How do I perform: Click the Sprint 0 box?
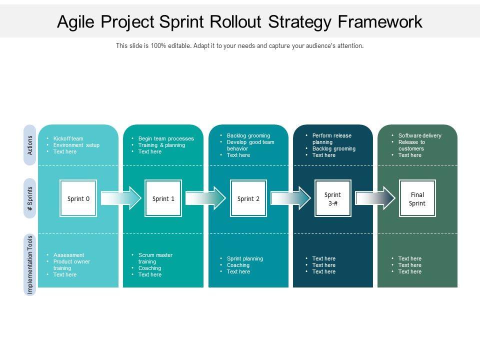pyautogui.click(x=78, y=198)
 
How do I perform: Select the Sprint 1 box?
pyautogui.click(x=163, y=198)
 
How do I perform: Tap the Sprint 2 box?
pyautogui.click(x=248, y=198)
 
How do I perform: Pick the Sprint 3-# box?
pyautogui.click(x=332, y=198)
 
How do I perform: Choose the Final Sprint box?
pyautogui.click(x=417, y=198)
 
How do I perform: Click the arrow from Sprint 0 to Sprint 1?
pyautogui.click(x=121, y=198)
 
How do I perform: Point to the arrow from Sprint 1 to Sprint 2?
pyautogui.click(x=205, y=198)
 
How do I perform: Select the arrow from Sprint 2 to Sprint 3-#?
pyautogui.click(x=290, y=198)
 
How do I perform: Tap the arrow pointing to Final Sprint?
pyautogui.click(x=375, y=198)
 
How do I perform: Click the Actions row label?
pyautogui.click(x=30, y=144)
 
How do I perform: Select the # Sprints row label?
pyautogui.click(x=30, y=198)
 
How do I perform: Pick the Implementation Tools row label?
pyautogui.click(x=30, y=265)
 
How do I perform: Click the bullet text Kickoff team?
pyautogui.click(x=68, y=138)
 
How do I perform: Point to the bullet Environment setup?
pyautogui.click(x=76, y=145)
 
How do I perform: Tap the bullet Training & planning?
pyautogui.click(x=161, y=145)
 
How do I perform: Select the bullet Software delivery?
pyautogui.click(x=420, y=135)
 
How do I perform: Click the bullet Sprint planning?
pyautogui.click(x=245, y=258)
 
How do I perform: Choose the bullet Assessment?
pyautogui.click(x=69, y=255)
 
